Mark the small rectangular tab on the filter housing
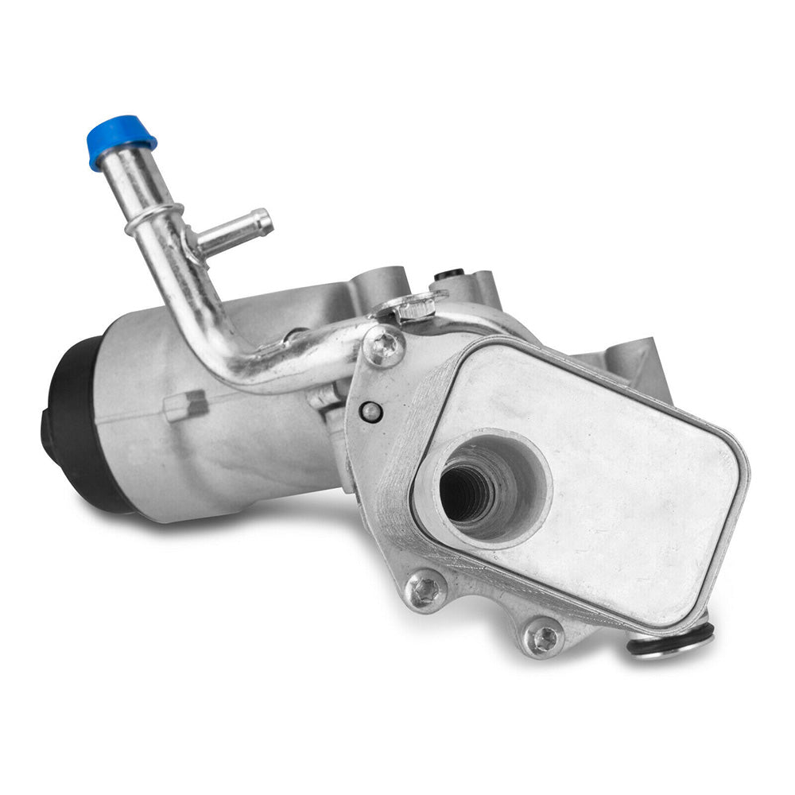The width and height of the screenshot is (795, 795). pyautogui.click(x=185, y=406)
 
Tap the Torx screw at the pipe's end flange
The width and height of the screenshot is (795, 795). pyautogui.click(x=383, y=346)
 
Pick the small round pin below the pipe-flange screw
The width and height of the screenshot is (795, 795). pyautogui.click(x=370, y=411)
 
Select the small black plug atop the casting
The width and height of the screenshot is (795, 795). pyautogui.click(x=449, y=274)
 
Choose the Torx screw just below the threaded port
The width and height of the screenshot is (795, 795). pyautogui.click(x=426, y=591)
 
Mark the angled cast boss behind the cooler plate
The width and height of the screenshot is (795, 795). pyautogui.click(x=636, y=362)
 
